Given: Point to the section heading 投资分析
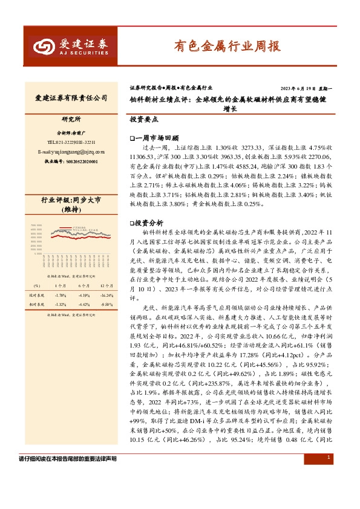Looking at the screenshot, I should click(150, 223).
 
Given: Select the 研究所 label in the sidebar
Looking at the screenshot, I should click(71, 119).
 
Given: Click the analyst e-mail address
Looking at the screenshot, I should click(71, 152).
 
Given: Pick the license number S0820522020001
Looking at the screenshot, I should click(71, 162).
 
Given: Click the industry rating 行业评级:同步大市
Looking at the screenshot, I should click(70, 199).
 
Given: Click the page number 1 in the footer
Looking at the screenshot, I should click(328, 493).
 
